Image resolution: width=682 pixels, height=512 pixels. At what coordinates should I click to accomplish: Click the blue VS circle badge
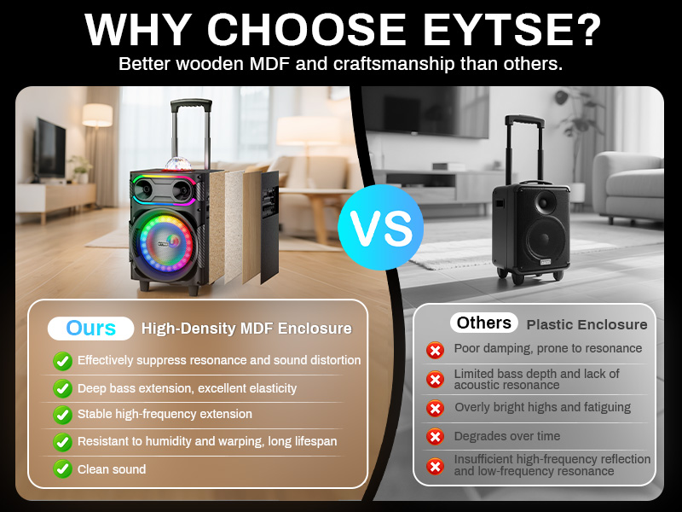coord(380,227)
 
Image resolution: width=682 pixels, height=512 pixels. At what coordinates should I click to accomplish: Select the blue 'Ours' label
coord(91,329)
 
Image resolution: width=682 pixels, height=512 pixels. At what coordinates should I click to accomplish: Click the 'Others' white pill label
coord(483,323)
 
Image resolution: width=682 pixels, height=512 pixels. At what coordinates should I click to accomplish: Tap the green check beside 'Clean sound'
coord(62,469)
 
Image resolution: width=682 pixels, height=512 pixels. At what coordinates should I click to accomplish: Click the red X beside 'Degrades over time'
coord(435,436)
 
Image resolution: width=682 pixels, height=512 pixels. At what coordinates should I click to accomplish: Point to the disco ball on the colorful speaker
coord(178,164)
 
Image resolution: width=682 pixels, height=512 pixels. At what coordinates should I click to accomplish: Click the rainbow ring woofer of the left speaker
coord(166,242)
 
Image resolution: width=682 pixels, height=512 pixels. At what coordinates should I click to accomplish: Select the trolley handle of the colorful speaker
coord(191,131)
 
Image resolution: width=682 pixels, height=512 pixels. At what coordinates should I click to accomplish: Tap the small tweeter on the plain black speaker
coord(545,202)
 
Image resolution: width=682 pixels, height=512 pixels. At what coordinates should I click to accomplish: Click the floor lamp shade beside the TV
coord(97,115)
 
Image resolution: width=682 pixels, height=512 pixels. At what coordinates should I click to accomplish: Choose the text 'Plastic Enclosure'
coord(587,324)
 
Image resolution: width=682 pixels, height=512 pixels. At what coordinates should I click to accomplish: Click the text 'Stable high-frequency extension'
coord(165,414)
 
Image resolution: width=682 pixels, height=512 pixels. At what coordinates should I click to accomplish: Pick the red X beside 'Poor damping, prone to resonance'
coord(435,350)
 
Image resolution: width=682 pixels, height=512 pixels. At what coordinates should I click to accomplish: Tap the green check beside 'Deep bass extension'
coord(62,388)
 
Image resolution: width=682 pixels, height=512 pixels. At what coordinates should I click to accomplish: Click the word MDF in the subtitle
coord(269,64)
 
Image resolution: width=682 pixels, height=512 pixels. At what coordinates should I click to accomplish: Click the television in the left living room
coord(50,148)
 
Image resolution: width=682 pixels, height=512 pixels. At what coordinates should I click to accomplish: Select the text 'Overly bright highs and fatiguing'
coord(543,408)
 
